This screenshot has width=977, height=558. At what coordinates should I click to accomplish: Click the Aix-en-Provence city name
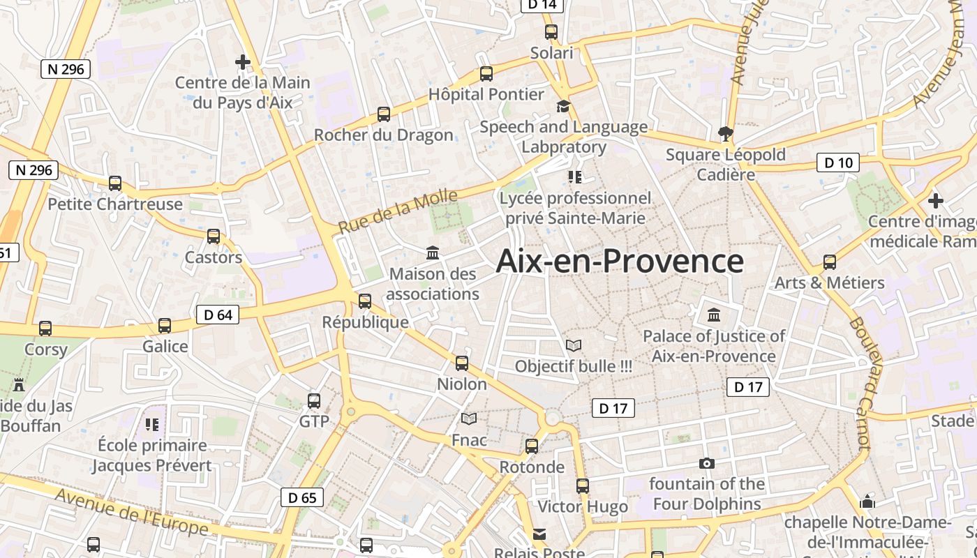(620, 262)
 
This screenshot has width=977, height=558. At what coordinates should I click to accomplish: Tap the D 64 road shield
(218, 315)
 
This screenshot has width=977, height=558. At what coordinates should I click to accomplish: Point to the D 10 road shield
(838, 163)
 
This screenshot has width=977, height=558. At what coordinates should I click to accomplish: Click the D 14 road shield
(542, 5)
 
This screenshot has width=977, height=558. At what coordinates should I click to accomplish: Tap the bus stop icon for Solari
(551, 31)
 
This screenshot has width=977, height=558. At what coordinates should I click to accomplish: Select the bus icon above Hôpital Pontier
(486, 73)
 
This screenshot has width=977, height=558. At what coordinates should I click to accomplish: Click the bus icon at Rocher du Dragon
(384, 114)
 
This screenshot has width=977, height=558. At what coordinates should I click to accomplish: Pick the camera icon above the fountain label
(706, 463)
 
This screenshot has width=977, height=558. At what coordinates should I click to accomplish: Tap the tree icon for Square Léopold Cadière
(726, 133)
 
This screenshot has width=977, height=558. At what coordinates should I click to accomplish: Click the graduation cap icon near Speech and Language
(563, 106)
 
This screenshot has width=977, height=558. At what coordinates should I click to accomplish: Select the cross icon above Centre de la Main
(242, 62)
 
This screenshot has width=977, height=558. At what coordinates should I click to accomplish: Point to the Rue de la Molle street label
(398, 211)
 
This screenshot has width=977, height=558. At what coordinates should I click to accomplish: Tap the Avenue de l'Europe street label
(131, 512)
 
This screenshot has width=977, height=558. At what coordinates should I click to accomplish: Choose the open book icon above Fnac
(469, 418)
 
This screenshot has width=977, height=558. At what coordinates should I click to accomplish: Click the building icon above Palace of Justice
(714, 315)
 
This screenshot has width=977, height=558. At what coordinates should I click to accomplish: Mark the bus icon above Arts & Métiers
(830, 262)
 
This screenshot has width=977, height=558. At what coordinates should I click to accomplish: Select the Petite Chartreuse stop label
(115, 204)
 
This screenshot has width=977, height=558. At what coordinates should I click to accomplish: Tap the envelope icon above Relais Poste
(539, 534)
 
